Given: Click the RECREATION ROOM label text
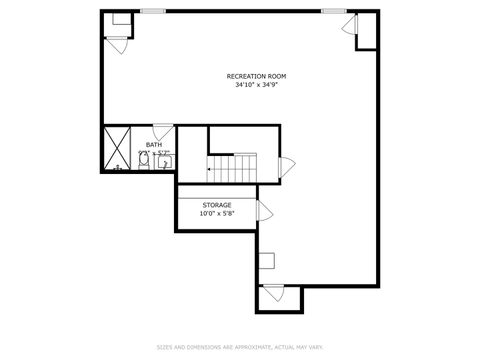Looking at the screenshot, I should (256, 76).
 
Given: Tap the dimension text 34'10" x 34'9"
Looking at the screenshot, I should (256, 85).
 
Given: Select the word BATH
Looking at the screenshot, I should (153, 145).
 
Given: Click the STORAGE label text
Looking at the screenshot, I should (217, 204).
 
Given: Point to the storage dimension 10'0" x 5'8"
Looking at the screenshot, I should (217, 212).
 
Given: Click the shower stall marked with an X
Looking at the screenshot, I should (117, 149).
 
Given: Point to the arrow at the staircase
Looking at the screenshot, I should (211, 170).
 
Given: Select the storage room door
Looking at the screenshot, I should (265, 210).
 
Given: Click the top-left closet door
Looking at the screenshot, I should (117, 43).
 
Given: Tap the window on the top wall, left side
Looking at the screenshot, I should (153, 11).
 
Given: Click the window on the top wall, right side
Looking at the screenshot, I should (334, 11).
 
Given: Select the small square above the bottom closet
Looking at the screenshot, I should (267, 261).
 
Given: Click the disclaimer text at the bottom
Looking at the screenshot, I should (240, 347).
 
